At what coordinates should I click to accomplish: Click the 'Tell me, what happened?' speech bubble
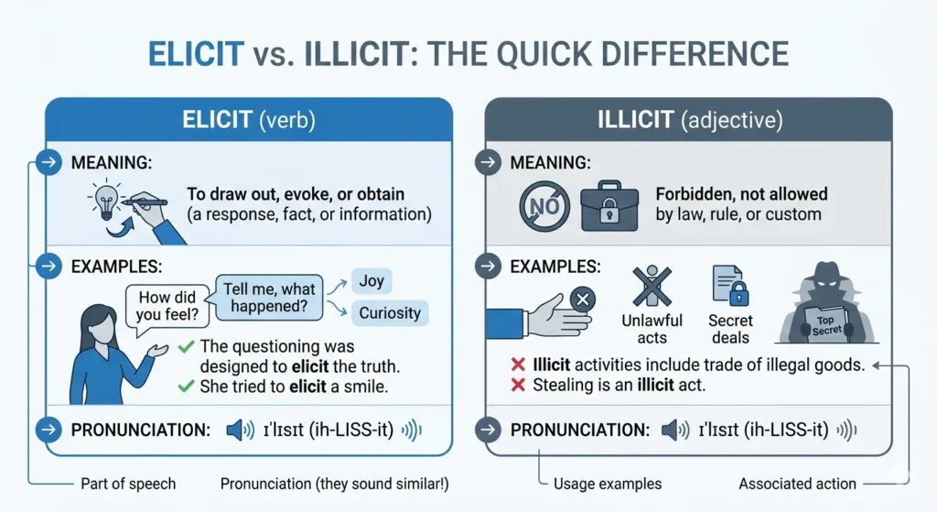[270, 295]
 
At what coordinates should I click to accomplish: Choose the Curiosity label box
[389, 313]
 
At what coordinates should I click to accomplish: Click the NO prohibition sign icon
[545, 206]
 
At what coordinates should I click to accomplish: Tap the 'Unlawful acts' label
[652, 329]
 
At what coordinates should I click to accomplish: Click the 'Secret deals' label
[730, 329]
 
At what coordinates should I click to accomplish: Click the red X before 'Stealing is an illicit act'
[516, 386]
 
